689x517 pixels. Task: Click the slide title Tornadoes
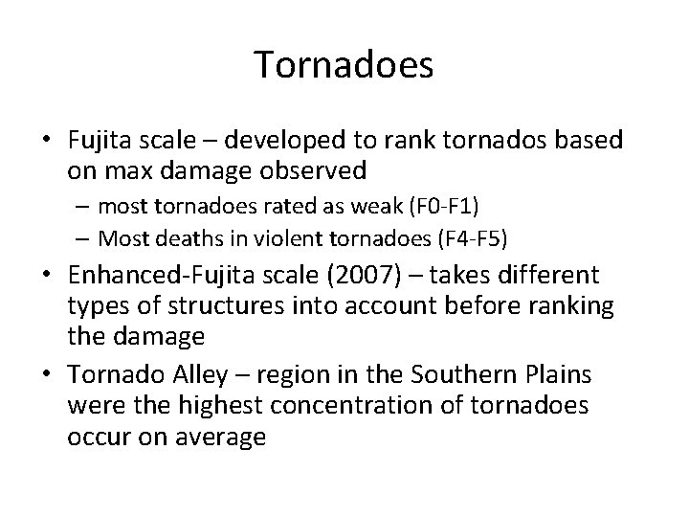pos(344,65)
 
